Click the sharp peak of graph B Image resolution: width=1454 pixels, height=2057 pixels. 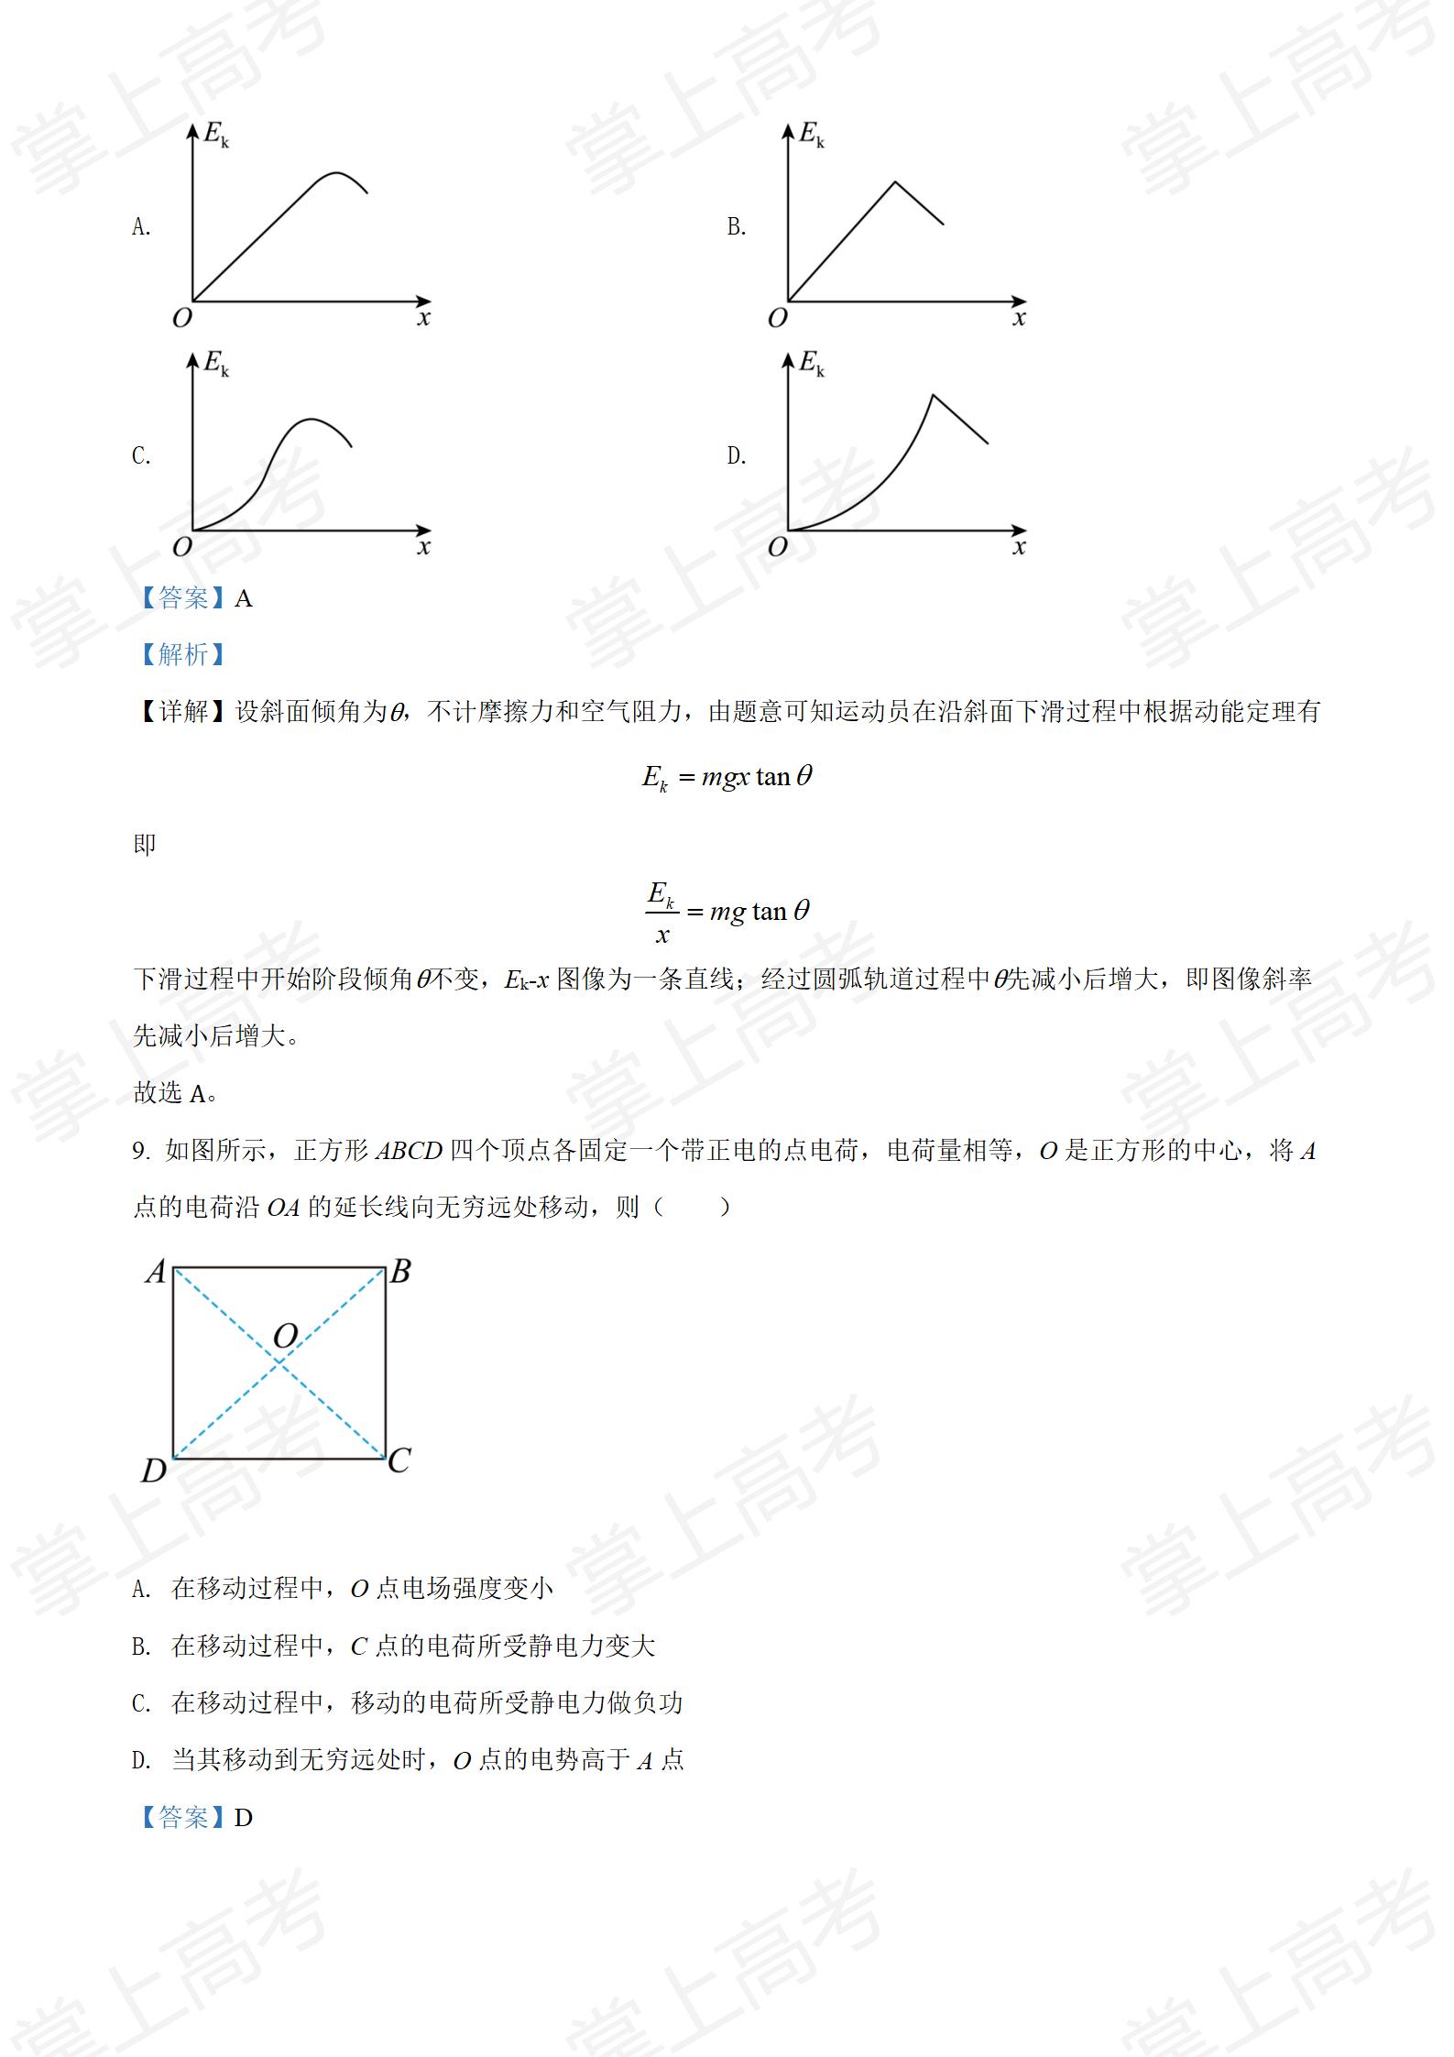(895, 183)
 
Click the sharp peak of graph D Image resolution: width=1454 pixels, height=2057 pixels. (933, 395)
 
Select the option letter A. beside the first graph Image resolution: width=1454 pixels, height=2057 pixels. (141, 226)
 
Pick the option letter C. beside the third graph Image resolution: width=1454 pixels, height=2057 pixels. (141, 455)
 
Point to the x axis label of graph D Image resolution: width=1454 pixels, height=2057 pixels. (1019, 547)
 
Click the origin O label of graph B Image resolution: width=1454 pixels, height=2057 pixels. (777, 318)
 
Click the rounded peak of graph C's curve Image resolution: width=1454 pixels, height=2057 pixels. (312, 420)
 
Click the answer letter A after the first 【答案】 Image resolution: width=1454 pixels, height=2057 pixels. (243, 598)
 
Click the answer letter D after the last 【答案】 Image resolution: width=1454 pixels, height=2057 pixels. (243, 1817)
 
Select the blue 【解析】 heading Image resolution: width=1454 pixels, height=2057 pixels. (182, 654)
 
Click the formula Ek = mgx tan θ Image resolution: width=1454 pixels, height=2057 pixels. (727, 778)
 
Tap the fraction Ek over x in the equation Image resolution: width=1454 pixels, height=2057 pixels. (661, 911)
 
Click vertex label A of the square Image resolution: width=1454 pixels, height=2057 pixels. (156, 1272)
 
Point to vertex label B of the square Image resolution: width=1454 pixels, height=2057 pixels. (400, 1272)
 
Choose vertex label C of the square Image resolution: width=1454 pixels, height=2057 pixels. (399, 1460)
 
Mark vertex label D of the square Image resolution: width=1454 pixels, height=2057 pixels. (154, 1470)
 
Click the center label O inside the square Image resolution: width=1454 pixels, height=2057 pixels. (286, 1335)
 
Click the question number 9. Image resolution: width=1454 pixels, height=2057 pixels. (140, 1151)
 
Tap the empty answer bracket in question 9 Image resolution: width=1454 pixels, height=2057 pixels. (693, 1207)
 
